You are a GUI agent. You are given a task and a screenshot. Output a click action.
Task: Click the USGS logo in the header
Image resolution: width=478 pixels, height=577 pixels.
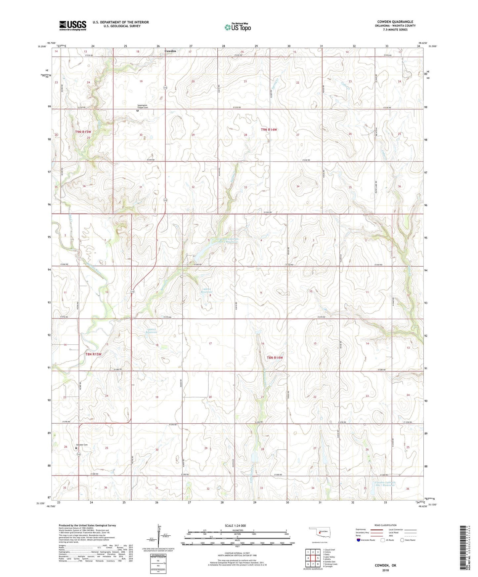(x=73, y=25)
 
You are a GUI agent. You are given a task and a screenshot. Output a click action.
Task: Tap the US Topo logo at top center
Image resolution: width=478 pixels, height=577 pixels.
(x=238, y=27)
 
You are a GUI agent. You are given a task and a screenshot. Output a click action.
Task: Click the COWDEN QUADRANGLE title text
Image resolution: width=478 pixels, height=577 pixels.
(x=395, y=22)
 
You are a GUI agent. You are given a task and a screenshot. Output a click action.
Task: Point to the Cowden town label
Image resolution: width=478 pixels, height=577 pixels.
(x=170, y=51)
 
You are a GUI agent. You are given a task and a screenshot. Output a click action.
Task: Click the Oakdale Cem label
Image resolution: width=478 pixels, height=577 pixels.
(x=82, y=444)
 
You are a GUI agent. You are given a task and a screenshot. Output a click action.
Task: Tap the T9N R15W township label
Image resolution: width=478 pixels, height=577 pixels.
(x=83, y=132)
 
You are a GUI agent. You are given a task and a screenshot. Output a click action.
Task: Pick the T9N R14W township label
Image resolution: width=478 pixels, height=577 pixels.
(x=269, y=130)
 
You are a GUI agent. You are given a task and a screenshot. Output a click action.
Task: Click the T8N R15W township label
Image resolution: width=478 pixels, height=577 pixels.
(x=93, y=354)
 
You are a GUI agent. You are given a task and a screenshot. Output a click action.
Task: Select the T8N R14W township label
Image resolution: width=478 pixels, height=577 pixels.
(x=275, y=358)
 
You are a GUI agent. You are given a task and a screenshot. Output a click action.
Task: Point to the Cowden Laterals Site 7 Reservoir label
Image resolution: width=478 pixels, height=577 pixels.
(x=385, y=484)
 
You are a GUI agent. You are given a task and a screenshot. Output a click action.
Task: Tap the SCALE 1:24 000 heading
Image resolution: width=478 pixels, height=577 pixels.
(x=235, y=525)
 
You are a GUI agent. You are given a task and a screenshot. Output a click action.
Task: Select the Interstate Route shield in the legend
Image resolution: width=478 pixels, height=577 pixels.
(x=359, y=540)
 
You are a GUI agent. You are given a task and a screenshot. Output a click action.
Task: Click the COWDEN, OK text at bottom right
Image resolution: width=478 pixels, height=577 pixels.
(x=385, y=565)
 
